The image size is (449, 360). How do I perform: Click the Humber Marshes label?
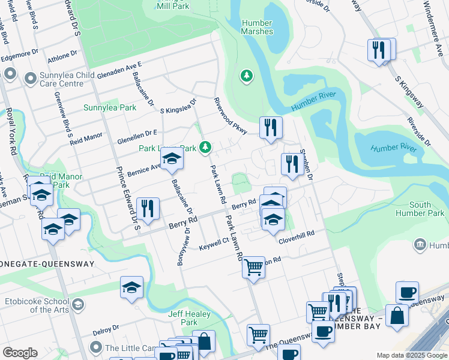(x=257, y=27)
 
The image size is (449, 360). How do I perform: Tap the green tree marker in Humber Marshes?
(x=246, y=76)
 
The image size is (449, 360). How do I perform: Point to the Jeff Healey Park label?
(x=189, y=318)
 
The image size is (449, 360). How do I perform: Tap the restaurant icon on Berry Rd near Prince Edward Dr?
(x=148, y=208)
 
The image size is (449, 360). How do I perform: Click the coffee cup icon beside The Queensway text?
(x=324, y=330)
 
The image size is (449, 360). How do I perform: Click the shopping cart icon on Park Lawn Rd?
(x=253, y=267)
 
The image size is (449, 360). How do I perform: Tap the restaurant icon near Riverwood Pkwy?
(x=271, y=127)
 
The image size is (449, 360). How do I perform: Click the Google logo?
(x=20, y=352)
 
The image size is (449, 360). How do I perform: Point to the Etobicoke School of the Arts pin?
(x=77, y=305)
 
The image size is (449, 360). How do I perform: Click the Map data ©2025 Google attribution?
(x=412, y=355)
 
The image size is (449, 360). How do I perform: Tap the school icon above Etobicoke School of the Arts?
(x=131, y=287)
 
